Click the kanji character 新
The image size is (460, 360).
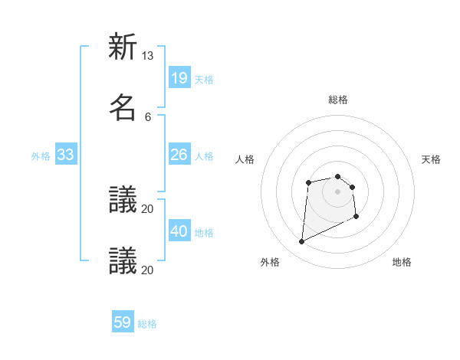[x=123, y=47]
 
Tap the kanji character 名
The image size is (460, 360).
[x=123, y=107]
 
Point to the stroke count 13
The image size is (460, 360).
[x=148, y=56]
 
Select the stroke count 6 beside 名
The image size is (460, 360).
[x=148, y=116]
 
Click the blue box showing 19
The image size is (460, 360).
[x=179, y=78]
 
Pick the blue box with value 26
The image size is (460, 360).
[x=179, y=155]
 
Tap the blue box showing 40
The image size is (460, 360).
[x=179, y=232]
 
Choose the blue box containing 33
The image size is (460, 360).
[x=66, y=155]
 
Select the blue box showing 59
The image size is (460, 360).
[x=123, y=322]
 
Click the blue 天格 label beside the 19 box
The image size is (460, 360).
[x=204, y=79]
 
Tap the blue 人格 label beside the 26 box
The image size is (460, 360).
[x=204, y=156]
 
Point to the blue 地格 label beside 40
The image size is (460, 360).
[x=204, y=233]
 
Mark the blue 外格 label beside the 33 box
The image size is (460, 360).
[x=41, y=156]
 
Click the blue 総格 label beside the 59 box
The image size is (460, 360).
[x=147, y=324]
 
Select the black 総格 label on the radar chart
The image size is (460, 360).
[x=338, y=100]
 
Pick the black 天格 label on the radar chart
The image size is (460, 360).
[x=432, y=159]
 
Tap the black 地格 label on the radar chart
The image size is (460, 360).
[x=402, y=262]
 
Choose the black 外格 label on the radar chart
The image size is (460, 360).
[x=270, y=262]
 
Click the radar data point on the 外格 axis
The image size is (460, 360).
[x=301, y=242]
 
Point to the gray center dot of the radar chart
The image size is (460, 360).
[x=338, y=191]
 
